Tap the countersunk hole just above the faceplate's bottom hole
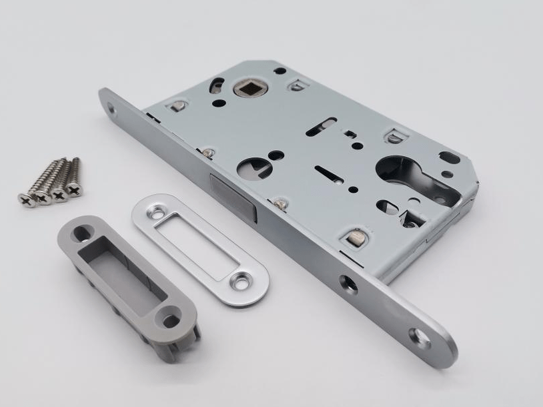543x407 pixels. point(348,283)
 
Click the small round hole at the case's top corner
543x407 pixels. point(281,70)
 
